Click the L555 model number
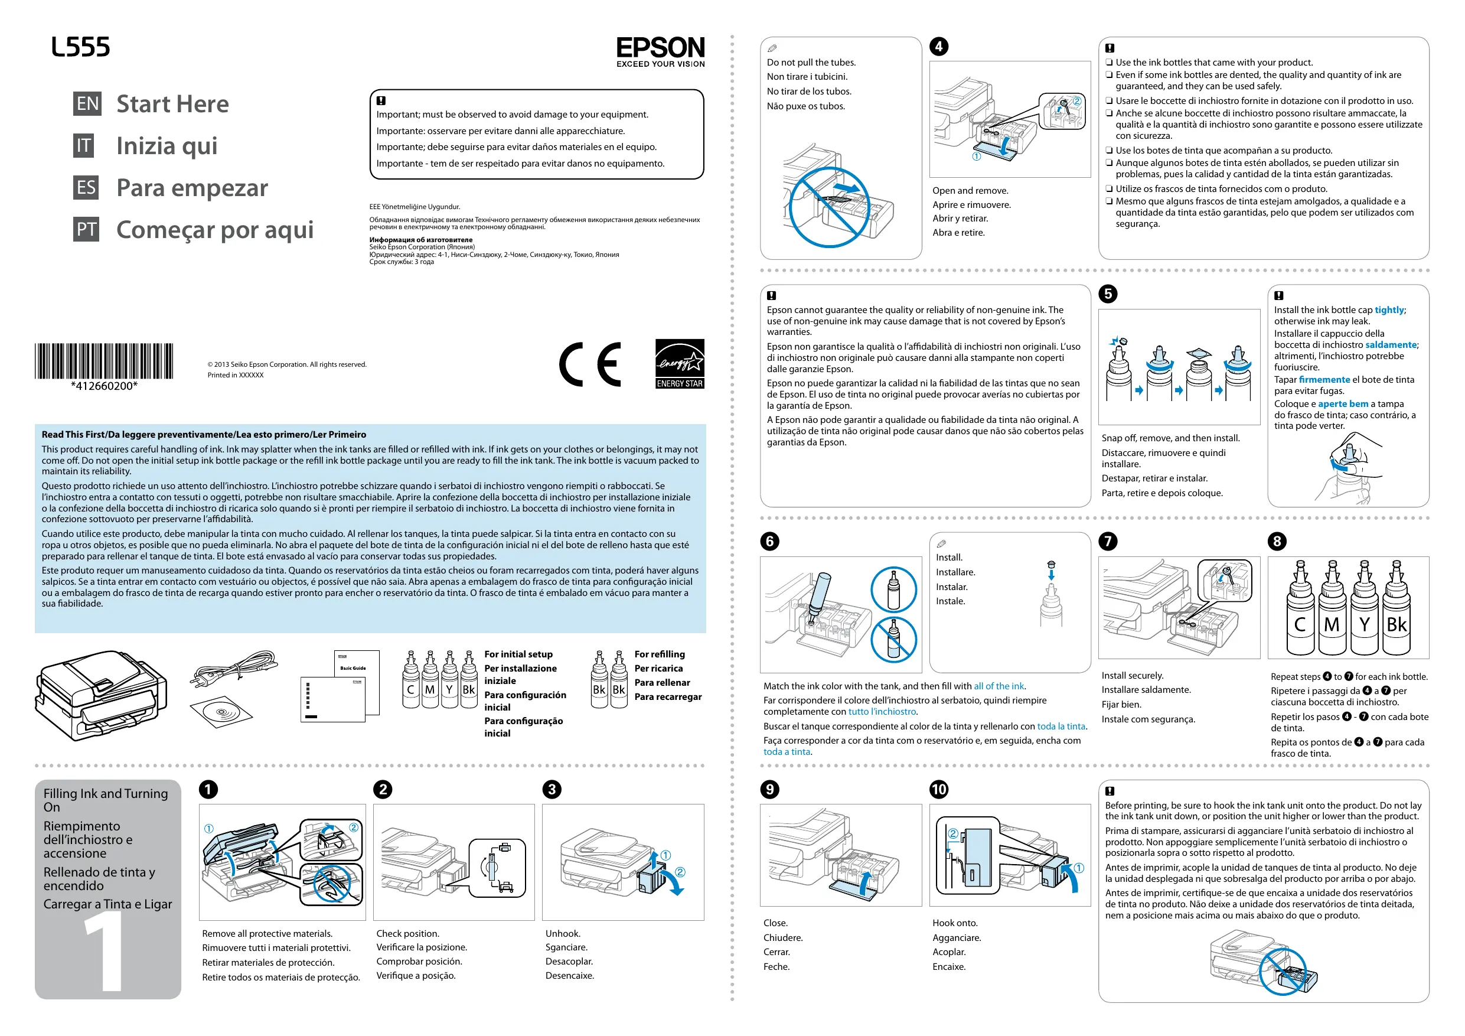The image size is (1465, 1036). [80, 47]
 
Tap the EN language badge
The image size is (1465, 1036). [87, 104]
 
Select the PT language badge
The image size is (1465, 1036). [86, 230]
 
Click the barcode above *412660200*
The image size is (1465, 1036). [104, 361]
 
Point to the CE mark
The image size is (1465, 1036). [590, 364]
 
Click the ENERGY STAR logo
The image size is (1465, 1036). [680, 364]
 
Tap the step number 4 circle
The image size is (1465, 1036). [939, 47]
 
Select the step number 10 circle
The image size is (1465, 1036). [939, 790]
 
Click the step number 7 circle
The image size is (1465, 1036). [1108, 541]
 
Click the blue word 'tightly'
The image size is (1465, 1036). [1389, 310]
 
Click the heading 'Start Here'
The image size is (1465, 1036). [172, 104]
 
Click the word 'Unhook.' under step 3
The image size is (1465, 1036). [563, 933]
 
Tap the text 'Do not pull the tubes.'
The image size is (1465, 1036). [811, 63]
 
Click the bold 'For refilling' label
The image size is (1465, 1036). [659, 654]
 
